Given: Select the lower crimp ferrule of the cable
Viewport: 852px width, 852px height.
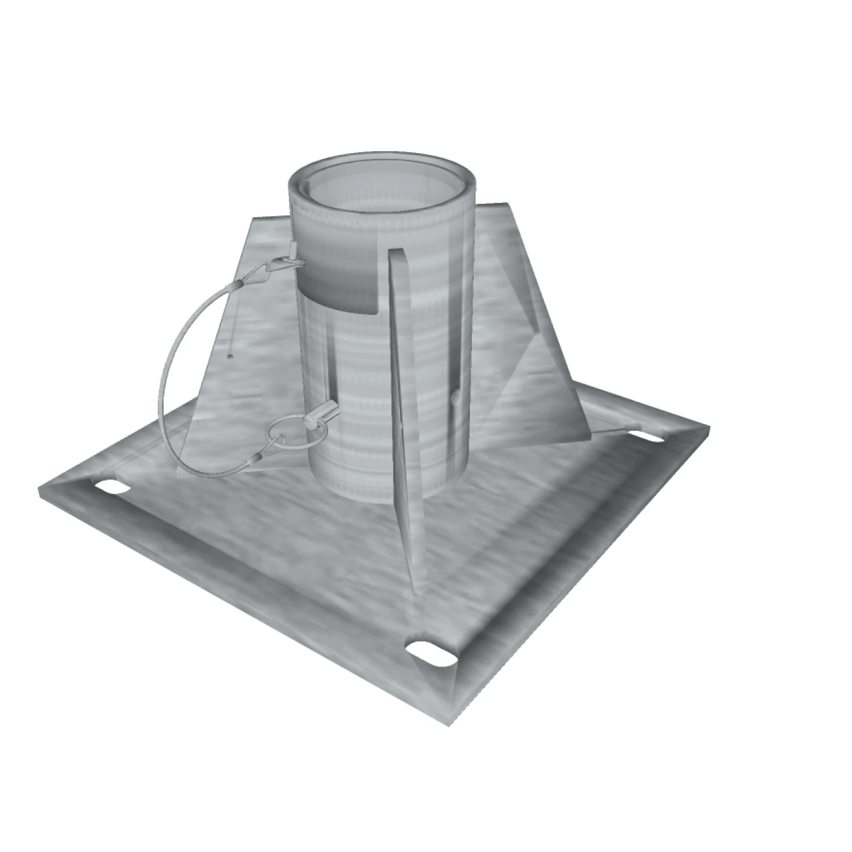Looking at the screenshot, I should [x=256, y=459].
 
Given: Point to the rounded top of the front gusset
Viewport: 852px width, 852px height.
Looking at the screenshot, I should [x=395, y=256].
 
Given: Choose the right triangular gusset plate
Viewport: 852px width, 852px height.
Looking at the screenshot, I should [x=532, y=346].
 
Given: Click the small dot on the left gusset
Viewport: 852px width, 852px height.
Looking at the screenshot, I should [x=229, y=356].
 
